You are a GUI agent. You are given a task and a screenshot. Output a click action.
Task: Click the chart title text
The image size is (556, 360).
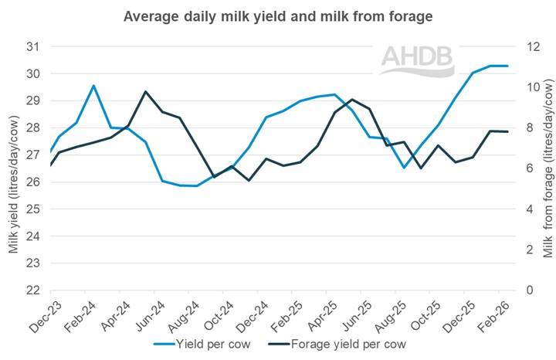(277, 16)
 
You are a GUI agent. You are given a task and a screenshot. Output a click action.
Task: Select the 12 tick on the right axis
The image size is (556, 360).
(528, 47)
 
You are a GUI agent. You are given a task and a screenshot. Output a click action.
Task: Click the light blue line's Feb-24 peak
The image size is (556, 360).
(93, 86)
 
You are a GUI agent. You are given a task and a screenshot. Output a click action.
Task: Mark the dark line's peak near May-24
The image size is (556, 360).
(145, 91)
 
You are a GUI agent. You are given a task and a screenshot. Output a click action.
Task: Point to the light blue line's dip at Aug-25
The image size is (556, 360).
(403, 168)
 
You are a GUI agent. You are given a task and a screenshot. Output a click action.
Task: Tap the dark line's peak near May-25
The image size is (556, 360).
(352, 100)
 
